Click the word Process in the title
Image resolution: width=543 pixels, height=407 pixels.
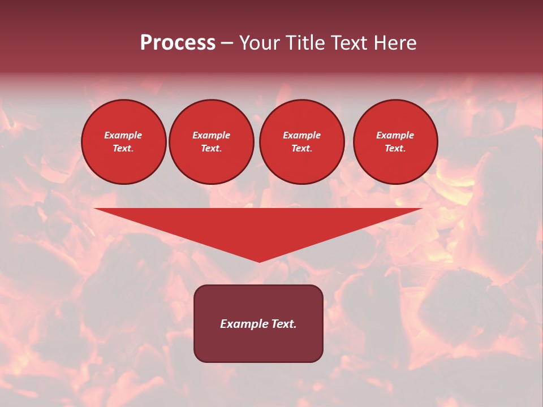pos(178,43)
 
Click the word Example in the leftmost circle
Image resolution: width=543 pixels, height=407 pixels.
pos(123,135)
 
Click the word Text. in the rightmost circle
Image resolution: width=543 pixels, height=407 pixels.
pos(395,148)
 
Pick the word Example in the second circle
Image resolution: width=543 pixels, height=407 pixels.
pos(211,135)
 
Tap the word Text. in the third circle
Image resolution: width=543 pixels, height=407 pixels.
pos(301,148)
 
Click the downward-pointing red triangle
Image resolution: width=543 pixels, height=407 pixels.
pos(258,226)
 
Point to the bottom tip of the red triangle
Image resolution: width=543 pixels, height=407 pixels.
pos(259,261)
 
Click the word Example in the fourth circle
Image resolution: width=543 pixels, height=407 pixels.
pos(395,135)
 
